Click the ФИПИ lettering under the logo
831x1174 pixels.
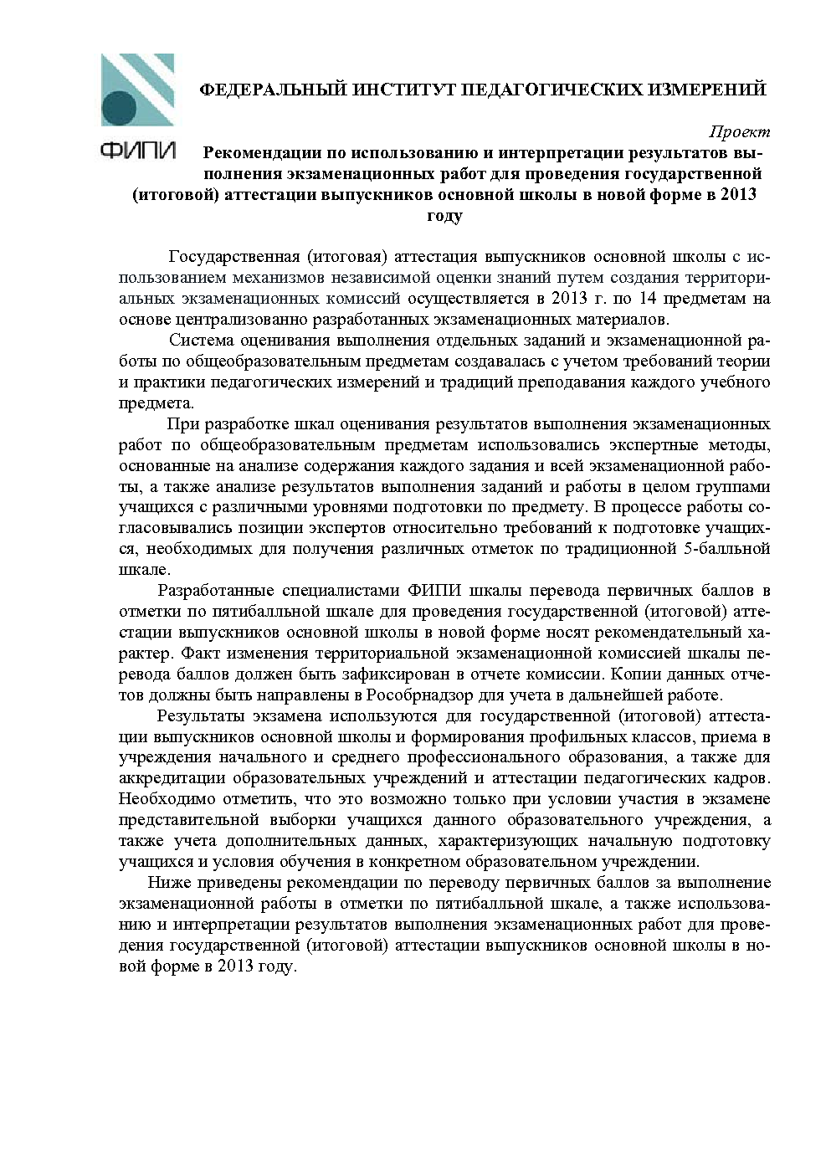click(x=138, y=151)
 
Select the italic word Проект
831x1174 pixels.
click(x=740, y=132)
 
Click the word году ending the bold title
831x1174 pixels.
click(x=444, y=217)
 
